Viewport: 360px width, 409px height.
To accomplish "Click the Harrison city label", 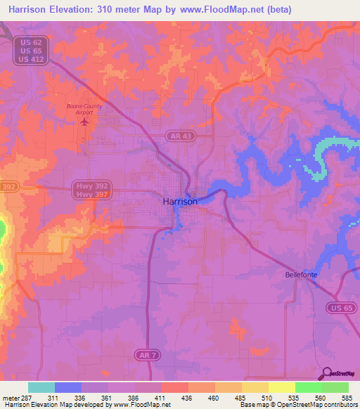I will click(180, 201).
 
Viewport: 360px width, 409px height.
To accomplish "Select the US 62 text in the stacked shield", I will click(30, 42).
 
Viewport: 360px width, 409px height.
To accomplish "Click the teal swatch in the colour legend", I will click(41, 387).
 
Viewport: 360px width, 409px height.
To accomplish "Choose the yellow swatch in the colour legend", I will click(281, 387).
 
